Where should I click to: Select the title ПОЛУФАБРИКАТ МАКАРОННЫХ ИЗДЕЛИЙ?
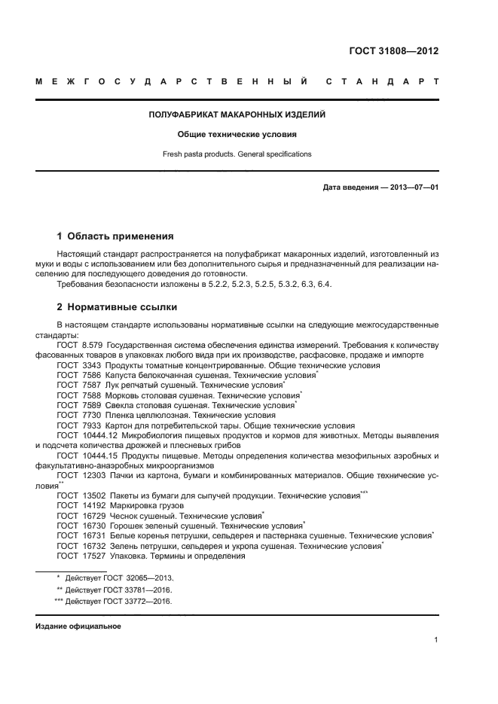coord(237,115)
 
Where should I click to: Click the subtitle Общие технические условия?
coord(237,135)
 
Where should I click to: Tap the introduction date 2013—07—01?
coord(412,187)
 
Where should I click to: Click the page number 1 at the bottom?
coord(436,640)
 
